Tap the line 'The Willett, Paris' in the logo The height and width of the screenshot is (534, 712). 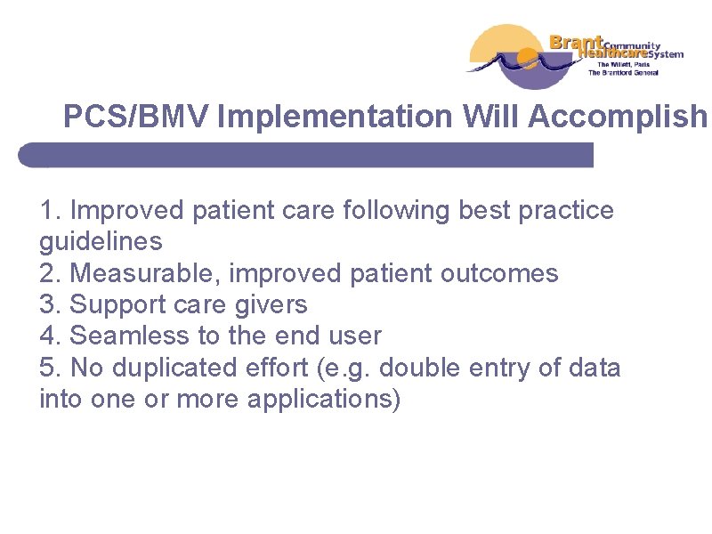pos(624,64)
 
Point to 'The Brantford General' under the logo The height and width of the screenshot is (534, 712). pos(623,73)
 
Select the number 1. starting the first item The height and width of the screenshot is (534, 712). pos(51,211)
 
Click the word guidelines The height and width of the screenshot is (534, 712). pos(101,242)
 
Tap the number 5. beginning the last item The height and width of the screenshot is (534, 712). pos(51,367)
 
